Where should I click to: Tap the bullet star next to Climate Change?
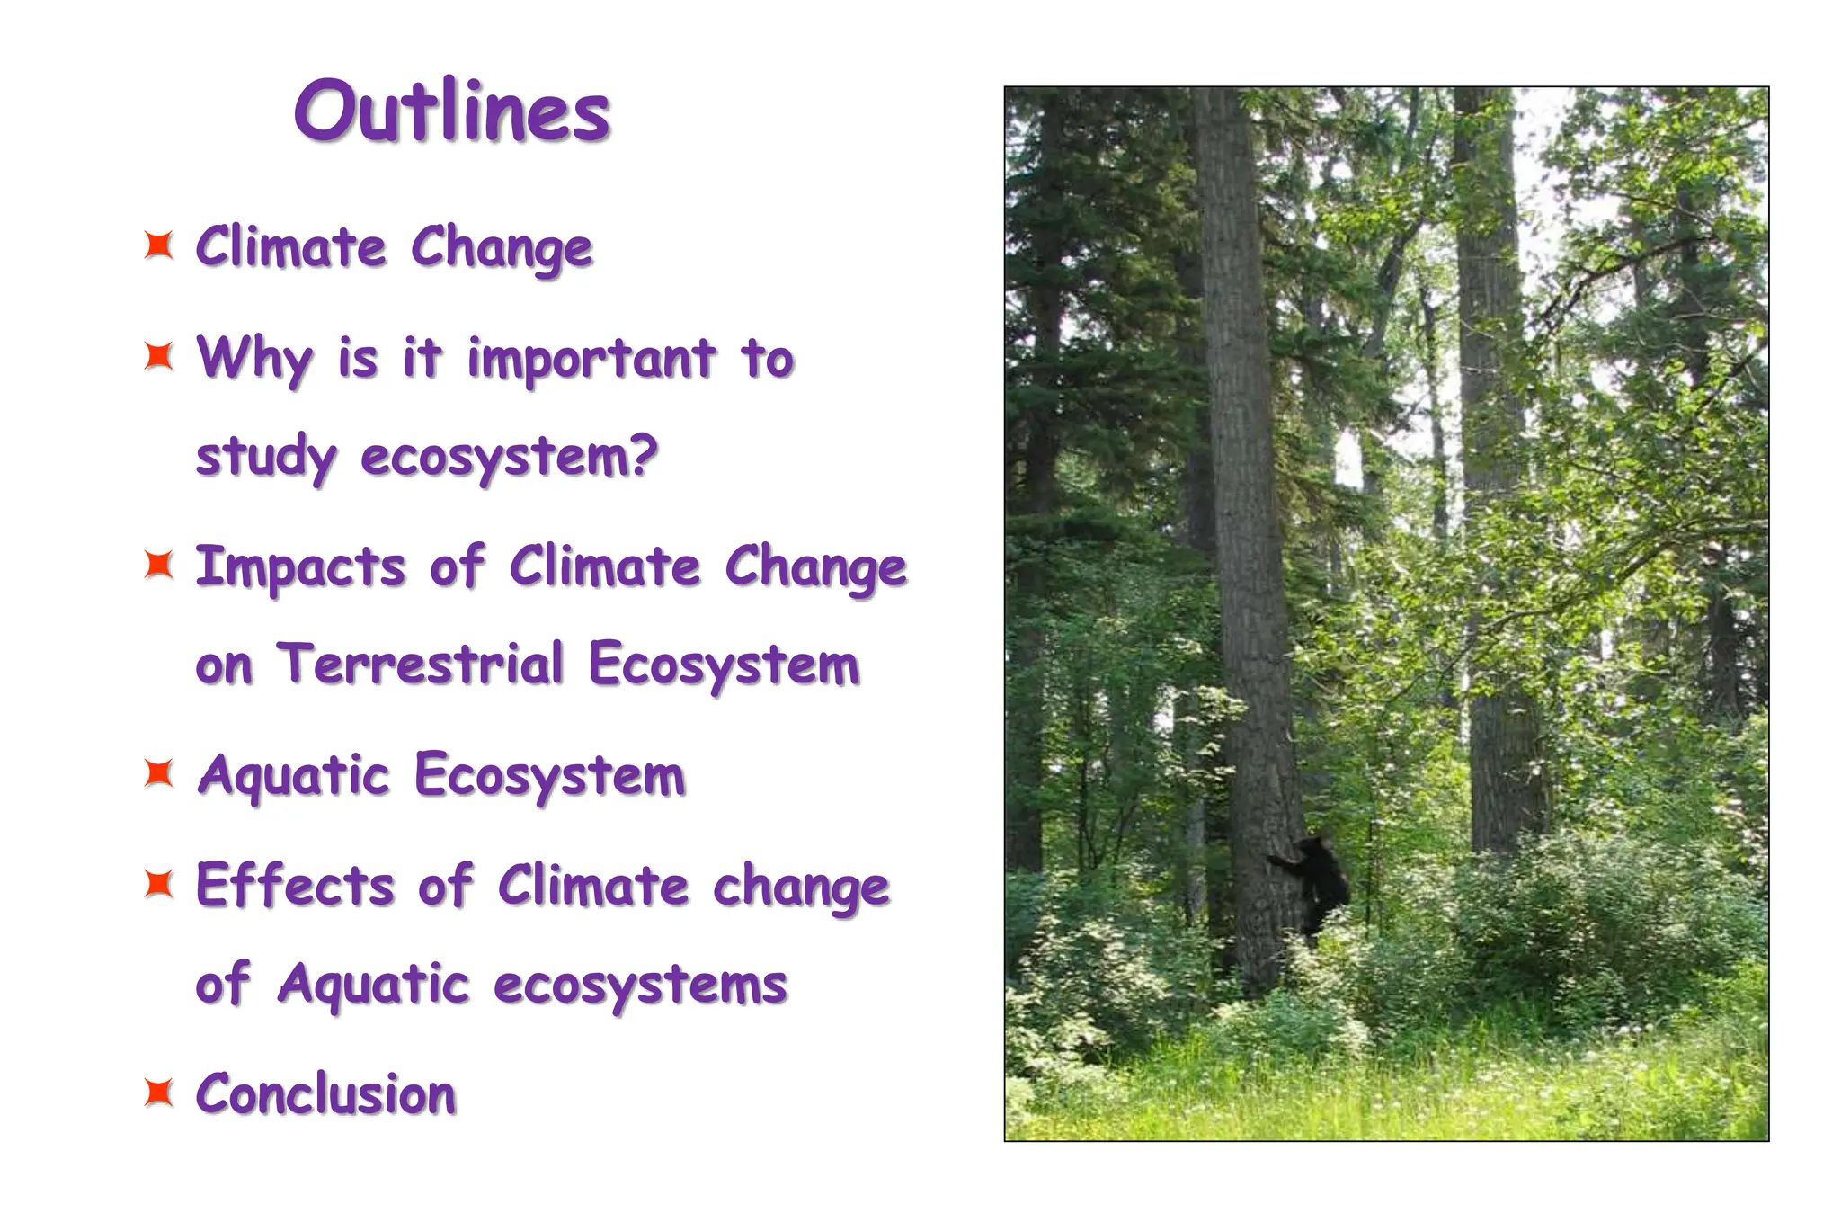point(159,245)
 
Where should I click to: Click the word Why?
point(254,358)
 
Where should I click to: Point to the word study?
point(266,457)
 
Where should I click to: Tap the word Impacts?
point(301,567)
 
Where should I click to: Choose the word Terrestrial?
point(421,665)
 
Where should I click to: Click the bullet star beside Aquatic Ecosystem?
point(159,772)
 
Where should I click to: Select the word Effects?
point(296,885)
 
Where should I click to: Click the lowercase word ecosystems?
point(640,984)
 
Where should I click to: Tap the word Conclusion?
point(326,1093)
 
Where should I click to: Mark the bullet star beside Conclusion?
point(159,1093)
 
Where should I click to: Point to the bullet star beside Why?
point(159,356)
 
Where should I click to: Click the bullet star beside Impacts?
point(159,565)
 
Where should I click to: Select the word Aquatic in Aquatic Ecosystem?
point(294,775)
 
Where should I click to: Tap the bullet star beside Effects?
point(159,884)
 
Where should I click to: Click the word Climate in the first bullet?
point(291,246)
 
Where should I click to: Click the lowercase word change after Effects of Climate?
point(801,887)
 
